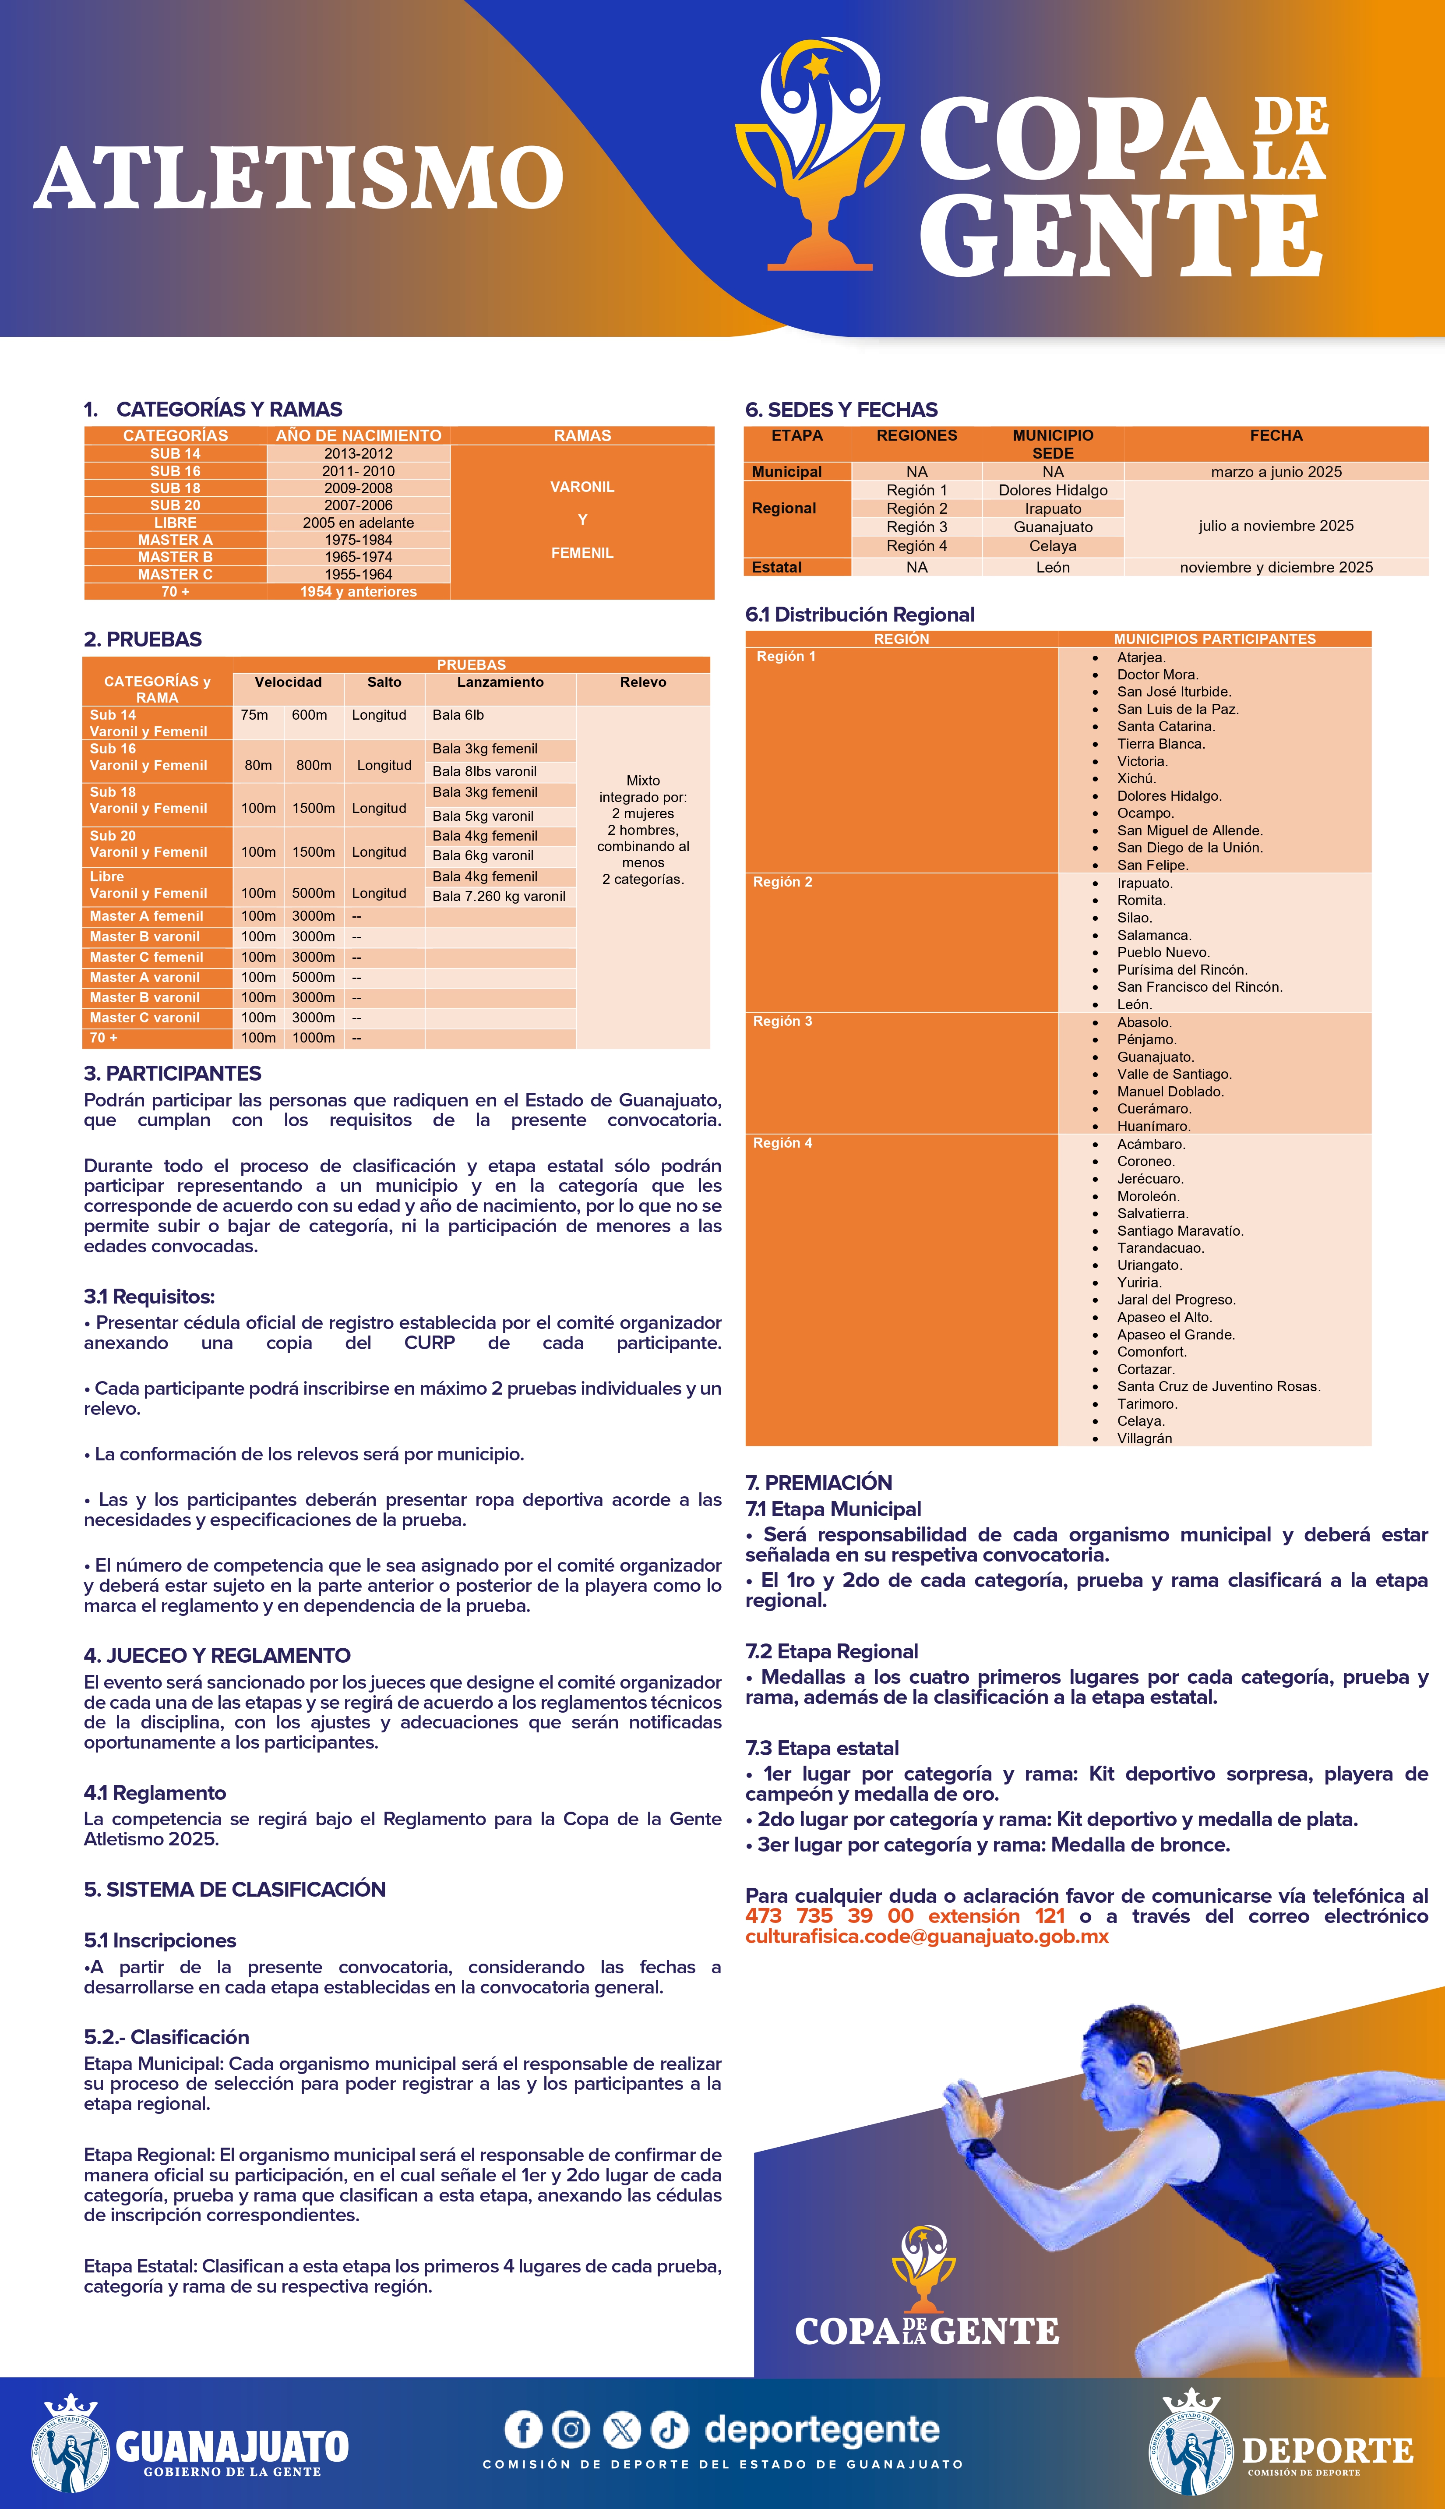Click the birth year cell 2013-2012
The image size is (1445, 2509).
point(358,453)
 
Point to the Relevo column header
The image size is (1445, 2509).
point(643,682)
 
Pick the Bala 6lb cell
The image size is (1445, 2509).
point(458,714)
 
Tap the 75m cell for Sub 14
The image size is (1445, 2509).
point(254,714)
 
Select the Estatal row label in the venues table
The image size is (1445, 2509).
point(777,567)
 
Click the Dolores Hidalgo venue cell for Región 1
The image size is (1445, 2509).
point(1053,490)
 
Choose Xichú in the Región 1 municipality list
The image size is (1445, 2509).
point(1136,778)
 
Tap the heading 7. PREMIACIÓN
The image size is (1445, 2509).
point(819,1482)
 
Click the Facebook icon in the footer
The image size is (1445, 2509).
point(523,2430)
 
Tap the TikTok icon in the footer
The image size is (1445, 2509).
point(670,2430)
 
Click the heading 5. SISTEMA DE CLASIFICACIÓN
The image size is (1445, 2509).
point(234,1889)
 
